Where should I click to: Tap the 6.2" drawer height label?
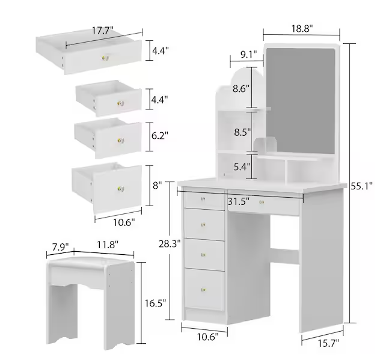(159, 136)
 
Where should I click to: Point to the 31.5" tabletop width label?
(239, 201)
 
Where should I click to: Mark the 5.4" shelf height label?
(242, 167)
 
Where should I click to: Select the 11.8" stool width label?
(105, 245)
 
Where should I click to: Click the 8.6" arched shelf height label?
(242, 89)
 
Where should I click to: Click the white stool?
(91, 294)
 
